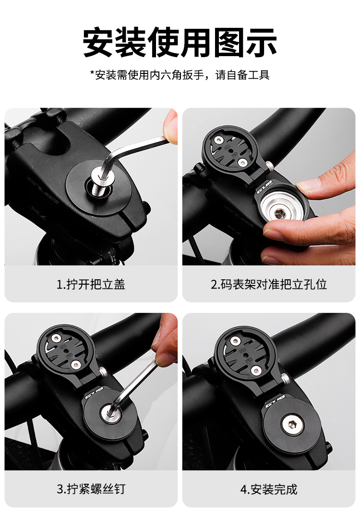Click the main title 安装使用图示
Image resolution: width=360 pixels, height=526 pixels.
[x=180, y=43]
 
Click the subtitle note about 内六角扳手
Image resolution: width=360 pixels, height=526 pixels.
[x=180, y=74]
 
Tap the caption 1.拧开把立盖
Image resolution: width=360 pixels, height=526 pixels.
[x=91, y=284]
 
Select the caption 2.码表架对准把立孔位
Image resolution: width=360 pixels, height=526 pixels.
[x=269, y=284]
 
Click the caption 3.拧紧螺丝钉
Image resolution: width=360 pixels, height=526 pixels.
[x=91, y=489]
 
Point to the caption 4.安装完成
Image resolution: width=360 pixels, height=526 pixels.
[x=269, y=490]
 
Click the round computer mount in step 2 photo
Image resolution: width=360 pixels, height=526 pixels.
[x=227, y=150]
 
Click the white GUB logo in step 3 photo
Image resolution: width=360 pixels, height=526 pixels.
[x=94, y=393]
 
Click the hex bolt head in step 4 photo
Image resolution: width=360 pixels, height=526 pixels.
[x=292, y=425]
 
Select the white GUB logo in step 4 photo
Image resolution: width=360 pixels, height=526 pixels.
[x=275, y=402]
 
